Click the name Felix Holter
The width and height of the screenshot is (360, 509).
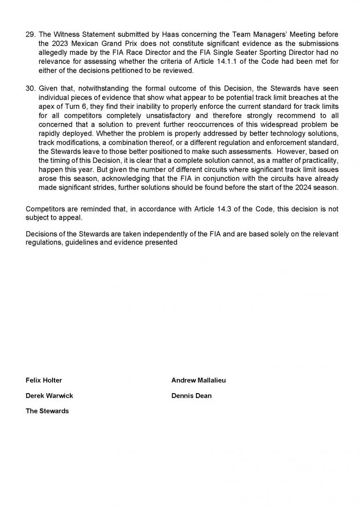click(44, 380)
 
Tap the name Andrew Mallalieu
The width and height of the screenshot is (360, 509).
click(198, 380)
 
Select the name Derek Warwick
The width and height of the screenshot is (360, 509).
click(49, 395)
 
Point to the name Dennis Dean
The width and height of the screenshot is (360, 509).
click(191, 395)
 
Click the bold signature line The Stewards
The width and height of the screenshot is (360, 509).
click(47, 411)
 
